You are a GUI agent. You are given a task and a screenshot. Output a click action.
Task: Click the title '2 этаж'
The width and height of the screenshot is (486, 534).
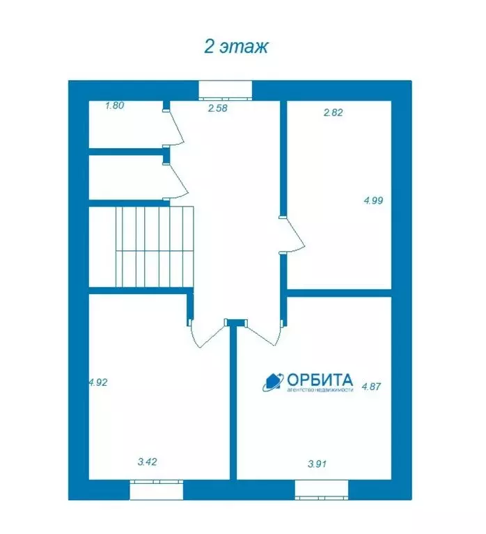point(236,47)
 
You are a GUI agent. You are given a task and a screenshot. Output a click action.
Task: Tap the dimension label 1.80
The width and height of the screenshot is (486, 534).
point(115,105)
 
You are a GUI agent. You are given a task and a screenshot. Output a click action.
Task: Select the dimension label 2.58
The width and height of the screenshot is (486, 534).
point(218,108)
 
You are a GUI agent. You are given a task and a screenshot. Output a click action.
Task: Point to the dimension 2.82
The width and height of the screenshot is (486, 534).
point(334,113)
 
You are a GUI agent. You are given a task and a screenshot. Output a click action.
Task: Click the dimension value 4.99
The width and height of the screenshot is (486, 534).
point(373,200)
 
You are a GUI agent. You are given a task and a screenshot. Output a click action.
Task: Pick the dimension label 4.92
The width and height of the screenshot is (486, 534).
point(98,382)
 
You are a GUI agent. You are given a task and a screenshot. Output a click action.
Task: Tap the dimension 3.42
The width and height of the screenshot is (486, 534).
point(148,462)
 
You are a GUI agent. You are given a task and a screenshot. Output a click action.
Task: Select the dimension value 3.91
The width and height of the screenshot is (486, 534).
point(318,464)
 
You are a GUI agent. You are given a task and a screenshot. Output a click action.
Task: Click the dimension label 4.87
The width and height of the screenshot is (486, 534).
point(371,387)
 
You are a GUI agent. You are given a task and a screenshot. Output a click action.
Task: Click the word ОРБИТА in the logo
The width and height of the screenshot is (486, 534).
point(320,380)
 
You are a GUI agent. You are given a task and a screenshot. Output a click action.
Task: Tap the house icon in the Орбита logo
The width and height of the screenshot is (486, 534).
point(274,382)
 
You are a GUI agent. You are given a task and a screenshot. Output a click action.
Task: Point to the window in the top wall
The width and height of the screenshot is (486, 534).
point(226,90)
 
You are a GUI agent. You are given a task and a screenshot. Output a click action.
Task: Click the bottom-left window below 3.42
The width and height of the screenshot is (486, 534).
point(157,489)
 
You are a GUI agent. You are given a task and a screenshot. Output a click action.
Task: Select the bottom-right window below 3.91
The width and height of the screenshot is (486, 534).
point(322,489)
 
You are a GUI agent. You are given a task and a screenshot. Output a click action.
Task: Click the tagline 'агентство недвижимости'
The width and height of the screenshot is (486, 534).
point(320,389)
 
